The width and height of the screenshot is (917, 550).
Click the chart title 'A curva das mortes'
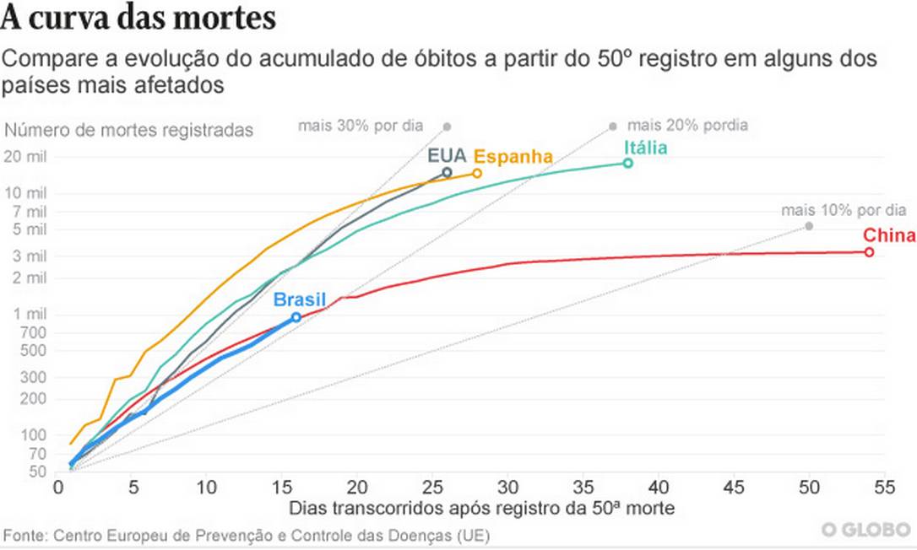click(x=138, y=19)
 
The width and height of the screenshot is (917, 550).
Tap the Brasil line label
click(x=299, y=299)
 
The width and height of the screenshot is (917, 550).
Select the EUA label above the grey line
click(x=447, y=156)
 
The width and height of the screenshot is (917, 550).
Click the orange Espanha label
click(x=513, y=157)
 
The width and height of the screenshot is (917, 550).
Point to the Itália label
click(x=645, y=148)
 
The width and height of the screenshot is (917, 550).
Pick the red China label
click(x=889, y=235)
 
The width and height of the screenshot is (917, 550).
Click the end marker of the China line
click(x=869, y=252)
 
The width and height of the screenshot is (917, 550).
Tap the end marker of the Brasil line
click(x=296, y=317)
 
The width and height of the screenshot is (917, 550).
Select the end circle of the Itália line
click(x=628, y=163)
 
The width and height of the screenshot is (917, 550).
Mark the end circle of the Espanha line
click(x=477, y=173)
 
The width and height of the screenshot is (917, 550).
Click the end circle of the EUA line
click(x=447, y=172)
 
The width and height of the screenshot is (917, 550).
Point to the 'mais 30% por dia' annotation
click(x=360, y=127)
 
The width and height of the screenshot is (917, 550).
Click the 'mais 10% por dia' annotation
click(x=843, y=210)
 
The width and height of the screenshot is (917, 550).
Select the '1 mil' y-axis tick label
click(x=34, y=315)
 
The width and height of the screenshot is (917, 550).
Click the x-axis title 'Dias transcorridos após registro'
click(x=481, y=509)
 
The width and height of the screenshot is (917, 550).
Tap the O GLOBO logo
click(x=866, y=529)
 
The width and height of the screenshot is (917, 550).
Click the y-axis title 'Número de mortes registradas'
click(x=128, y=131)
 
